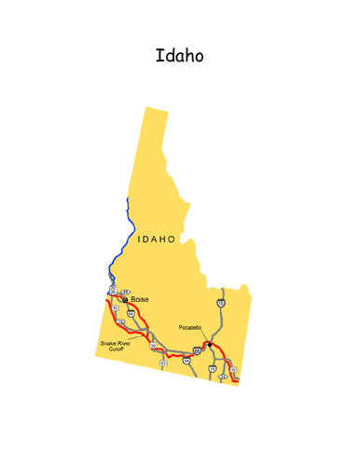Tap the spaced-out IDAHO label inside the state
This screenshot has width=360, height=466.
[156, 240]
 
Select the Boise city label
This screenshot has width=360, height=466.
[140, 299]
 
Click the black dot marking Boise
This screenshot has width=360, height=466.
[125, 299]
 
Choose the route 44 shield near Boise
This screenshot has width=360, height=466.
[125, 292]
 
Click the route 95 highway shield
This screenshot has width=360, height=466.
[114, 307]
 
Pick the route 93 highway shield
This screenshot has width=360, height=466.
[163, 362]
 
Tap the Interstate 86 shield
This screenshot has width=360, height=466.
[197, 350]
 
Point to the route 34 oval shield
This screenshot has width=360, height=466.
[223, 377]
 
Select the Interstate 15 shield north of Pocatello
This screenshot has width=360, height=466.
[220, 304]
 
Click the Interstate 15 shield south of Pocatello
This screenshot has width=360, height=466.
[213, 369]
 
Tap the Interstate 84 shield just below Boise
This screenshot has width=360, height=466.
[132, 314]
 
